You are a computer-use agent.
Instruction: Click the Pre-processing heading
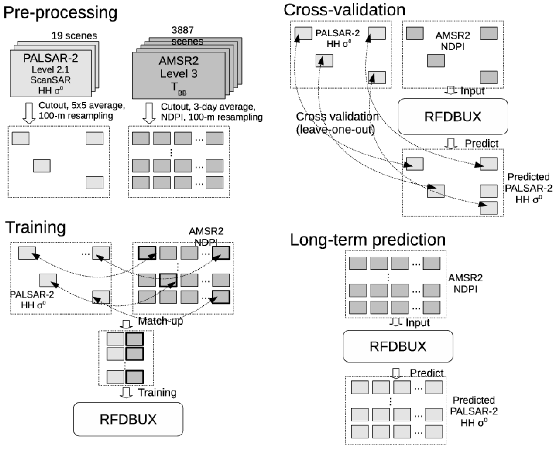[x=60, y=12]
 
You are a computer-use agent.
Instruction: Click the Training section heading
[x=35, y=227]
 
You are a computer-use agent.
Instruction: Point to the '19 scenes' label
[x=74, y=36]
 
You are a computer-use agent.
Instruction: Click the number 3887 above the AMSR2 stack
[x=183, y=30]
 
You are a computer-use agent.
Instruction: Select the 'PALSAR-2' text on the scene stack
[x=50, y=58]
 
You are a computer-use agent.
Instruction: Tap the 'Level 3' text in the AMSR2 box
[x=178, y=74]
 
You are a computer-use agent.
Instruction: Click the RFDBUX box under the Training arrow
[x=128, y=419]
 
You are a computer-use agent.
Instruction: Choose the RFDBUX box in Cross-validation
[x=453, y=116]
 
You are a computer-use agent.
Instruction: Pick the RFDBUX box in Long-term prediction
[x=398, y=346]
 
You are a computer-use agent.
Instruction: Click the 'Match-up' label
[x=161, y=321]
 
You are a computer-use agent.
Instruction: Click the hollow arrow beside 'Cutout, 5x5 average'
[x=29, y=113]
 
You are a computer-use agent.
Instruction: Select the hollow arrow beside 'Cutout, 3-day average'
[x=149, y=113]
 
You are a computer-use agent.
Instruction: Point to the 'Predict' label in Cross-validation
[x=481, y=143]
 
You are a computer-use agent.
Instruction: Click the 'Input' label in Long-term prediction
[x=417, y=323]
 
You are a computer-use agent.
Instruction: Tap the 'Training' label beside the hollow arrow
[x=157, y=392]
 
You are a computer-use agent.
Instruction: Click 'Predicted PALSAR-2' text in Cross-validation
[x=528, y=183]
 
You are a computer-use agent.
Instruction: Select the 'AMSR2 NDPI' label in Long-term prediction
[x=465, y=284]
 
